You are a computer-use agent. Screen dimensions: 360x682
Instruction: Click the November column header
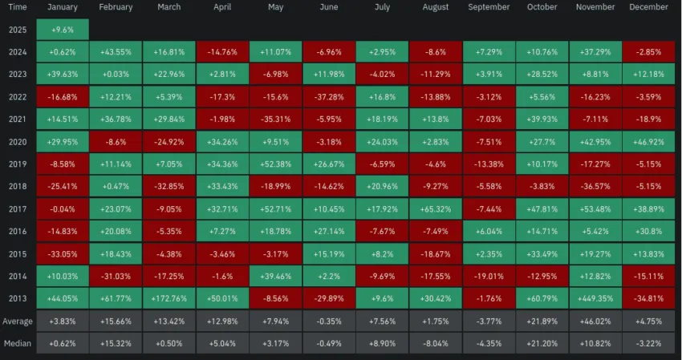[595, 7]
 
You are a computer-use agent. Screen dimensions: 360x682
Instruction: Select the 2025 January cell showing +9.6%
[62, 30]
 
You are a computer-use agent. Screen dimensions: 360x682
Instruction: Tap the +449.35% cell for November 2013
[595, 299]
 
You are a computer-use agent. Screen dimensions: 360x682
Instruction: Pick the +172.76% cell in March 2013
[168, 299]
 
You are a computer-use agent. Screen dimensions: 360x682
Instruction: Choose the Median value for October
[542, 344]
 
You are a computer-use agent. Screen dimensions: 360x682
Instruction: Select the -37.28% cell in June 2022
[328, 97]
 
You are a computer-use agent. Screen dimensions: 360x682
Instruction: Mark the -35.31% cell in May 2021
[275, 119]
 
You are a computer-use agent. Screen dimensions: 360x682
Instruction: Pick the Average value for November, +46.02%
[595, 322]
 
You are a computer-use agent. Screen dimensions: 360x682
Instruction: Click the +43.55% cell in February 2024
[116, 52]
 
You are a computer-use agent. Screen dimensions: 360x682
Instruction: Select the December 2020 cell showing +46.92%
[648, 142]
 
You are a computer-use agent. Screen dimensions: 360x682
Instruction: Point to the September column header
[488, 7]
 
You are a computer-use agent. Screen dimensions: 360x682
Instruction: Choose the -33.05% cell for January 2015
[62, 254]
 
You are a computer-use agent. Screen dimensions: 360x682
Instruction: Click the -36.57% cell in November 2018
[595, 187]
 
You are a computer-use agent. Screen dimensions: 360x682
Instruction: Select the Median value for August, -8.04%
[435, 344]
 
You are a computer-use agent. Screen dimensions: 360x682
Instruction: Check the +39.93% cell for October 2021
[542, 119]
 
